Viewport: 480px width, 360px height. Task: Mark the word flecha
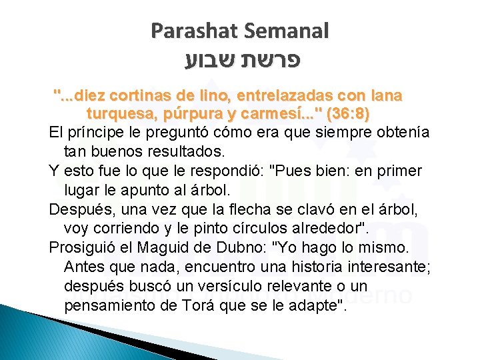click(x=243, y=210)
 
